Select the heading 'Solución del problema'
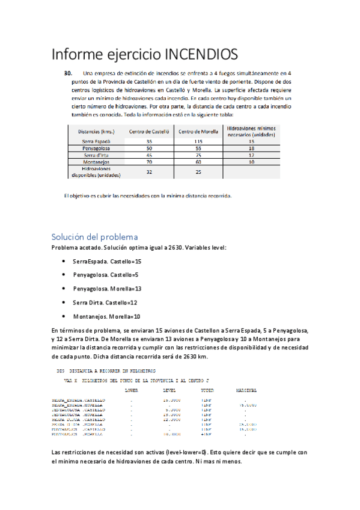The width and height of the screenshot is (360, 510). [94, 236]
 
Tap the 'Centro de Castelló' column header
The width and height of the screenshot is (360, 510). [149, 131]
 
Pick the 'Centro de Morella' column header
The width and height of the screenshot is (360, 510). [198, 131]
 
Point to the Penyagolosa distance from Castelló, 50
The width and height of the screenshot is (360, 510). [149, 148]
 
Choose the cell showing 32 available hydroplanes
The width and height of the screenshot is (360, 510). [149, 172]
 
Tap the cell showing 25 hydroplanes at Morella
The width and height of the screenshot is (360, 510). [198, 172]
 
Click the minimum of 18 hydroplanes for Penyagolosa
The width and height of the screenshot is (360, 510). [251, 148]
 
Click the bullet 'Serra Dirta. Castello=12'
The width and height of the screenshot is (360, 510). [105, 303]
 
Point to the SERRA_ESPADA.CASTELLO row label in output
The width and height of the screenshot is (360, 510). [79, 399]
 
